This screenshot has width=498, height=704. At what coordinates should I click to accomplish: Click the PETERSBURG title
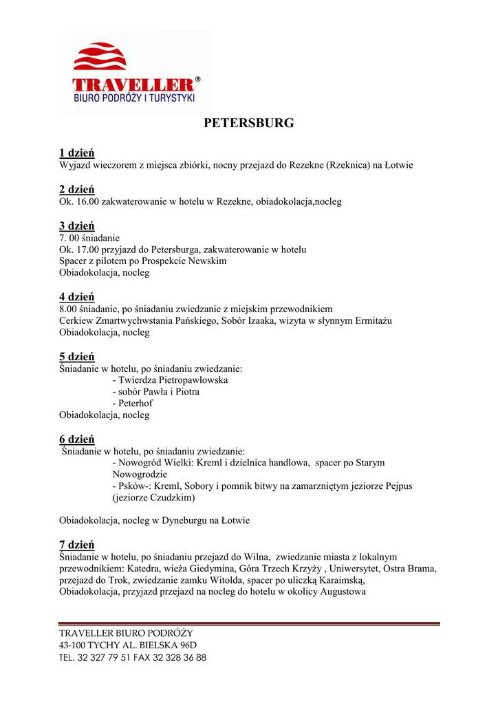pos(249,123)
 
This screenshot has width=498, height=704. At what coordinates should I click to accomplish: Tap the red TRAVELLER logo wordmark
pos(133,85)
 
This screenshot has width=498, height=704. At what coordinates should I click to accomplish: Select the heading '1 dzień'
pos(76,153)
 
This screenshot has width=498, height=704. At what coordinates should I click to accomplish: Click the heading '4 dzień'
pos(76,297)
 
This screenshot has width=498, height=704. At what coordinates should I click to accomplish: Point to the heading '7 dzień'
pos(76,544)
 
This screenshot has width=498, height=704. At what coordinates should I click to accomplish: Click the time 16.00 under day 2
pos(87,202)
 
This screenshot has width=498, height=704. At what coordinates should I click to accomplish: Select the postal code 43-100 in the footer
pos(72,645)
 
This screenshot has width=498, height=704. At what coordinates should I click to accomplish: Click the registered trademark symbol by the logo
pos(198,80)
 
